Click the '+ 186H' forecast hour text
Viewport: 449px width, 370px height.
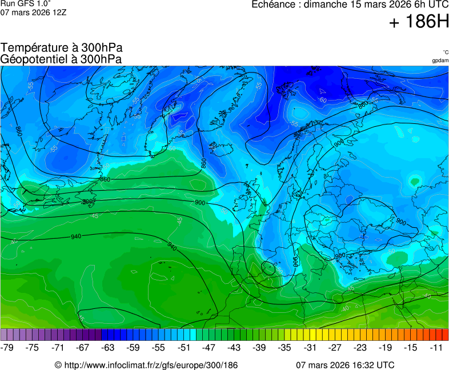(x=419, y=22)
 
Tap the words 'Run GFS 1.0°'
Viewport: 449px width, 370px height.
(x=26, y=3)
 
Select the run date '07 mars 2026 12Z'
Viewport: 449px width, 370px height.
(x=33, y=12)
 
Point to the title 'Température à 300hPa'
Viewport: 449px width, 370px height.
(x=61, y=48)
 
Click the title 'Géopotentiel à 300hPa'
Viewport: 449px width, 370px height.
(x=61, y=59)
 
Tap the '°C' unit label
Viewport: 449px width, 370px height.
(x=445, y=52)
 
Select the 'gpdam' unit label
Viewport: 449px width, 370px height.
(x=440, y=61)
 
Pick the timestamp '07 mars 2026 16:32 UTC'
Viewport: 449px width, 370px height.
(x=345, y=365)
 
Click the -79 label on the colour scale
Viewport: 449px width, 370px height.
(x=8, y=347)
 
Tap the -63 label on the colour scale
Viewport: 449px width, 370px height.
(x=107, y=347)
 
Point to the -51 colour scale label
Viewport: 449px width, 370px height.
(x=184, y=347)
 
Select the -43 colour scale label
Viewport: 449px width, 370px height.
(x=234, y=347)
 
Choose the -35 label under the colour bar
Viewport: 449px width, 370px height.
(x=284, y=347)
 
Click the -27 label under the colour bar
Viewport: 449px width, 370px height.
(x=335, y=347)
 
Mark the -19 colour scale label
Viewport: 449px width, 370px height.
(x=385, y=347)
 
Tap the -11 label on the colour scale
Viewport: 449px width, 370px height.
(x=436, y=347)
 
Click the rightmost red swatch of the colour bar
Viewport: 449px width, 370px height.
(x=445, y=335)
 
